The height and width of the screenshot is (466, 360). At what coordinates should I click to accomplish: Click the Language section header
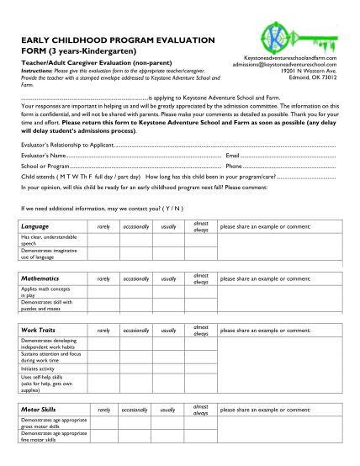[x=35, y=227]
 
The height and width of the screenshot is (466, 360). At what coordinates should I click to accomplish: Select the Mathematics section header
[x=40, y=278]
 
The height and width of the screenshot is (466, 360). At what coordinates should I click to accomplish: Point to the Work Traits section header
[x=39, y=329]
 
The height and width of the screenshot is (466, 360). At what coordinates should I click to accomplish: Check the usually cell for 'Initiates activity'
[x=168, y=368]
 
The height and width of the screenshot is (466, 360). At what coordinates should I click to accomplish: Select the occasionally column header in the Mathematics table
[x=135, y=278]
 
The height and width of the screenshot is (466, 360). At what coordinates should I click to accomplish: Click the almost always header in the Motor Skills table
[x=201, y=409]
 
